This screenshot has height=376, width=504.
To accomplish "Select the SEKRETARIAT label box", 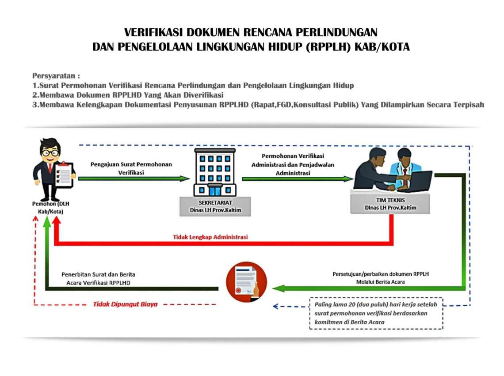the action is pos(215,206).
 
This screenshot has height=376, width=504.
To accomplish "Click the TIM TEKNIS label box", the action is pos(390,204).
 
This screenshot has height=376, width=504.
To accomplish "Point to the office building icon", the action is pos(215,172).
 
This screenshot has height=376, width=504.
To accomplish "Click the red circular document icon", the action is pos(247,282).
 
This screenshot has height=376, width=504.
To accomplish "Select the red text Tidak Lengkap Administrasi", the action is pos(210,237).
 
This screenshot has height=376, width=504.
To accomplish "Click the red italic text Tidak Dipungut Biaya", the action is pos(126,304).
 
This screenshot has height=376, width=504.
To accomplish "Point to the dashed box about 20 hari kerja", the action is pos(376,313).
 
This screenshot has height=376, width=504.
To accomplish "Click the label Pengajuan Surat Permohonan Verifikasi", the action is pos(131,168).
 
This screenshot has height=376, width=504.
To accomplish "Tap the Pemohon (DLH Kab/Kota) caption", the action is pos(51,208).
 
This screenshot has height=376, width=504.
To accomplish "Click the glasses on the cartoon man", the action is pos(50,152).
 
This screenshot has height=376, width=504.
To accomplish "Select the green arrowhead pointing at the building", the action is pos(184,179).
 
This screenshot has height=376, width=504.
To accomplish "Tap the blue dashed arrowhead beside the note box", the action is pos(275,306).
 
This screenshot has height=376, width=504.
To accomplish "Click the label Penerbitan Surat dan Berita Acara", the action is pos(98,279).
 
